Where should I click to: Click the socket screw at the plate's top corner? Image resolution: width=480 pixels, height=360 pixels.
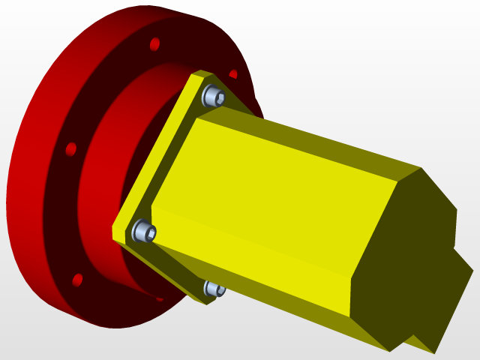click(214, 96)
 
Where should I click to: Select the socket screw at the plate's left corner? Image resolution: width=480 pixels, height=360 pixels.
click(143, 231)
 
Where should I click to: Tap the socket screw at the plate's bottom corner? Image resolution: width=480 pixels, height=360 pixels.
click(213, 289)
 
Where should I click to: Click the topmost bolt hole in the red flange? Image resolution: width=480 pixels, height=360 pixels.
click(154, 44)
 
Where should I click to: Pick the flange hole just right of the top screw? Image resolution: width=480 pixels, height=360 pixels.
click(233, 75)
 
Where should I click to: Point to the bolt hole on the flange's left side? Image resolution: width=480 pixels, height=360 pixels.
click(71, 148)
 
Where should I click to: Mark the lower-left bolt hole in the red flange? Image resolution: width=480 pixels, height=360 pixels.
click(76, 280)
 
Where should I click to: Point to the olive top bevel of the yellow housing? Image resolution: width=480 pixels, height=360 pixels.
click(315, 135)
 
